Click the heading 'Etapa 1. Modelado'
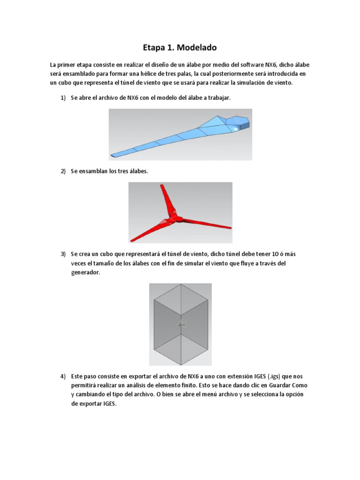180,48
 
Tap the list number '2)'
64,171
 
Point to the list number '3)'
64,254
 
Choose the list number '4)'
64,376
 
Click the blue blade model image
180,135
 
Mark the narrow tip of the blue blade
114,154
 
